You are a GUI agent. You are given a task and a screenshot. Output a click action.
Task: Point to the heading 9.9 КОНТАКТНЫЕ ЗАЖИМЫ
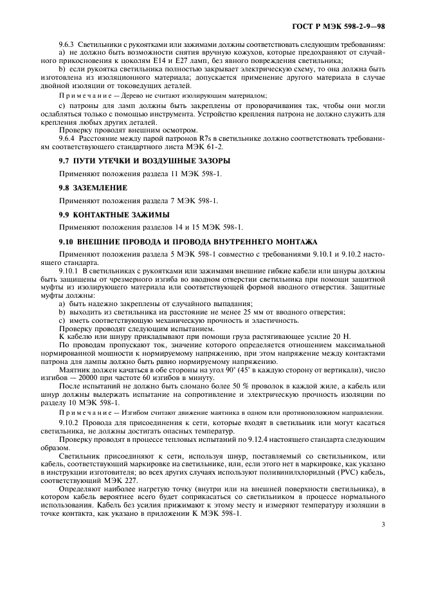coord(114,214)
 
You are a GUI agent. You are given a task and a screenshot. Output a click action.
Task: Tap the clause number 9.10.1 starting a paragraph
coord(69,270)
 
